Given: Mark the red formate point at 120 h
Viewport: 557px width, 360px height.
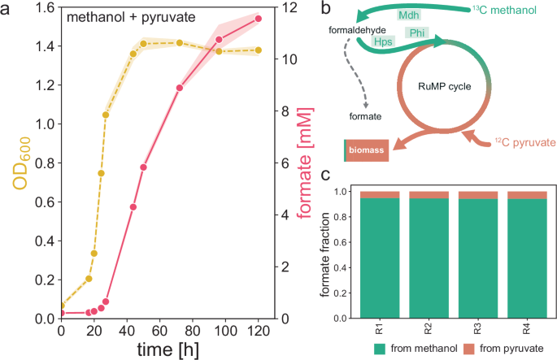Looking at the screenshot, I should pyautogui.click(x=259, y=19).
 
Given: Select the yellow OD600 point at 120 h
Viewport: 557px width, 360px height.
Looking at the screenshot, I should pyautogui.click(x=259, y=50).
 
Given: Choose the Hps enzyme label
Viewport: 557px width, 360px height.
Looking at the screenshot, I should pyautogui.click(x=381, y=41).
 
